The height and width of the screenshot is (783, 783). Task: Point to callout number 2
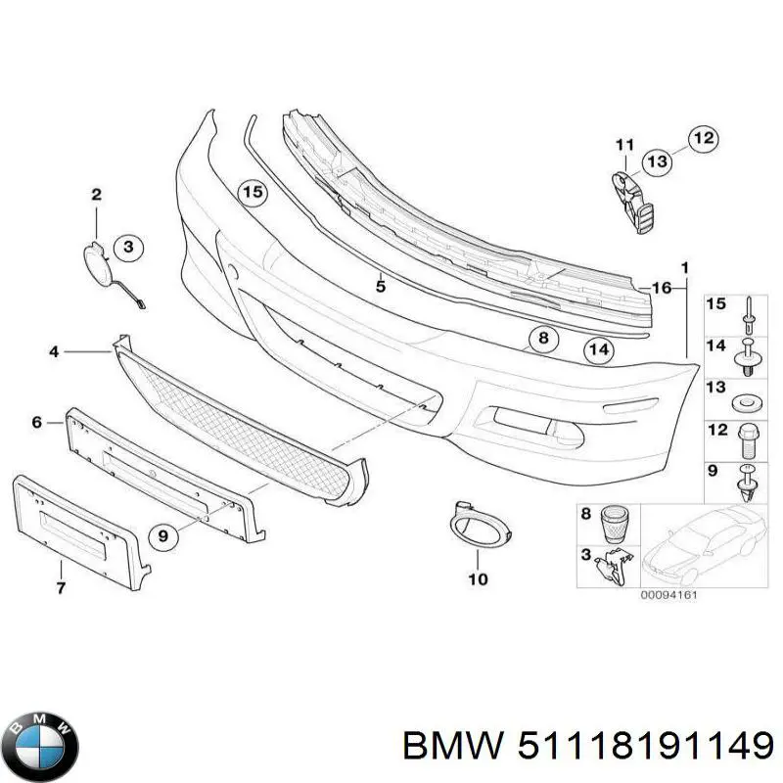pos(96,196)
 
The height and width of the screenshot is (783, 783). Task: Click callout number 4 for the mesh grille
pos(55,349)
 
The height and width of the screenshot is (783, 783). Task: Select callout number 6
pos(37,423)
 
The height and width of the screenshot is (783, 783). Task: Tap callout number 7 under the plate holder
pos(60,588)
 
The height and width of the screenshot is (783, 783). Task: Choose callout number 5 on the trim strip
pos(382,286)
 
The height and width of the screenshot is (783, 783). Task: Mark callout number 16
pos(663,287)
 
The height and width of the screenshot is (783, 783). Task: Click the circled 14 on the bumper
pos(599,349)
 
